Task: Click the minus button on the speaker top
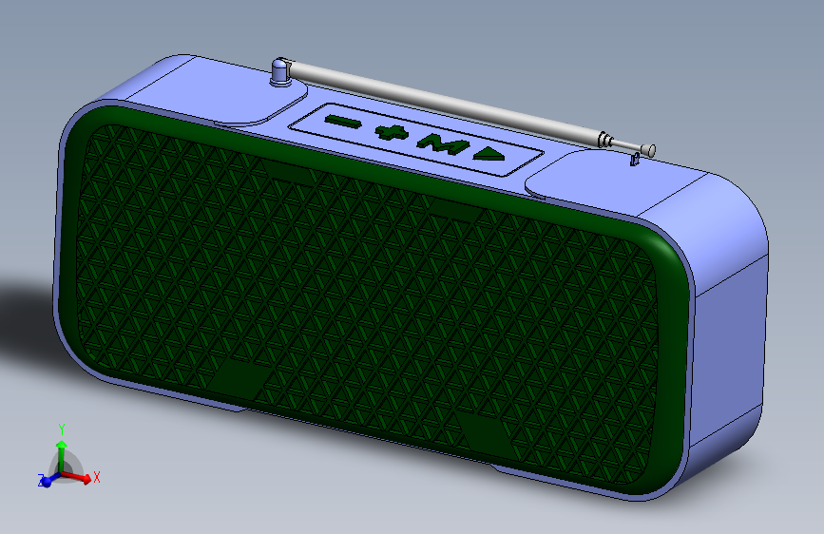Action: [343, 122]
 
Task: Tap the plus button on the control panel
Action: [392, 132]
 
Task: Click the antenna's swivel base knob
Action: [281, 71]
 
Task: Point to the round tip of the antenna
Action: [651, 150]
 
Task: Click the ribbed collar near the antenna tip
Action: [605, 140]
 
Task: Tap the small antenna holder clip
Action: [634, 159]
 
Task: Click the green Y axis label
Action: [62, 429]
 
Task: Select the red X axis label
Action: [96, 477]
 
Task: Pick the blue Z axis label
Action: [41, 479]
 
